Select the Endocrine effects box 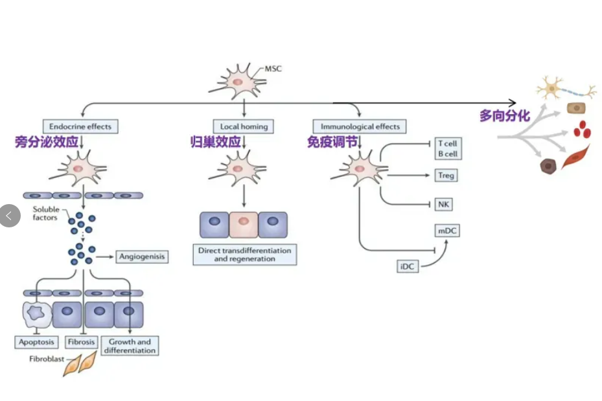tap(80, 127)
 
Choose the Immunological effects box tap(360, 126)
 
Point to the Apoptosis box tap(36, 341)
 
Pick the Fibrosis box tap(80, 341)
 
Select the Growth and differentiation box tap(130, 346)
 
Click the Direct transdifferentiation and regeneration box tap(244, 254)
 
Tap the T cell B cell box tap(446, 148)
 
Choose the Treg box tap(446, 176)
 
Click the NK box tap(444, 205)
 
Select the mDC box tap(446, 230)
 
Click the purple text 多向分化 tap(505, 116)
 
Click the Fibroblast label tap(46, 358)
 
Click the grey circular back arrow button tap(9, 215)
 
